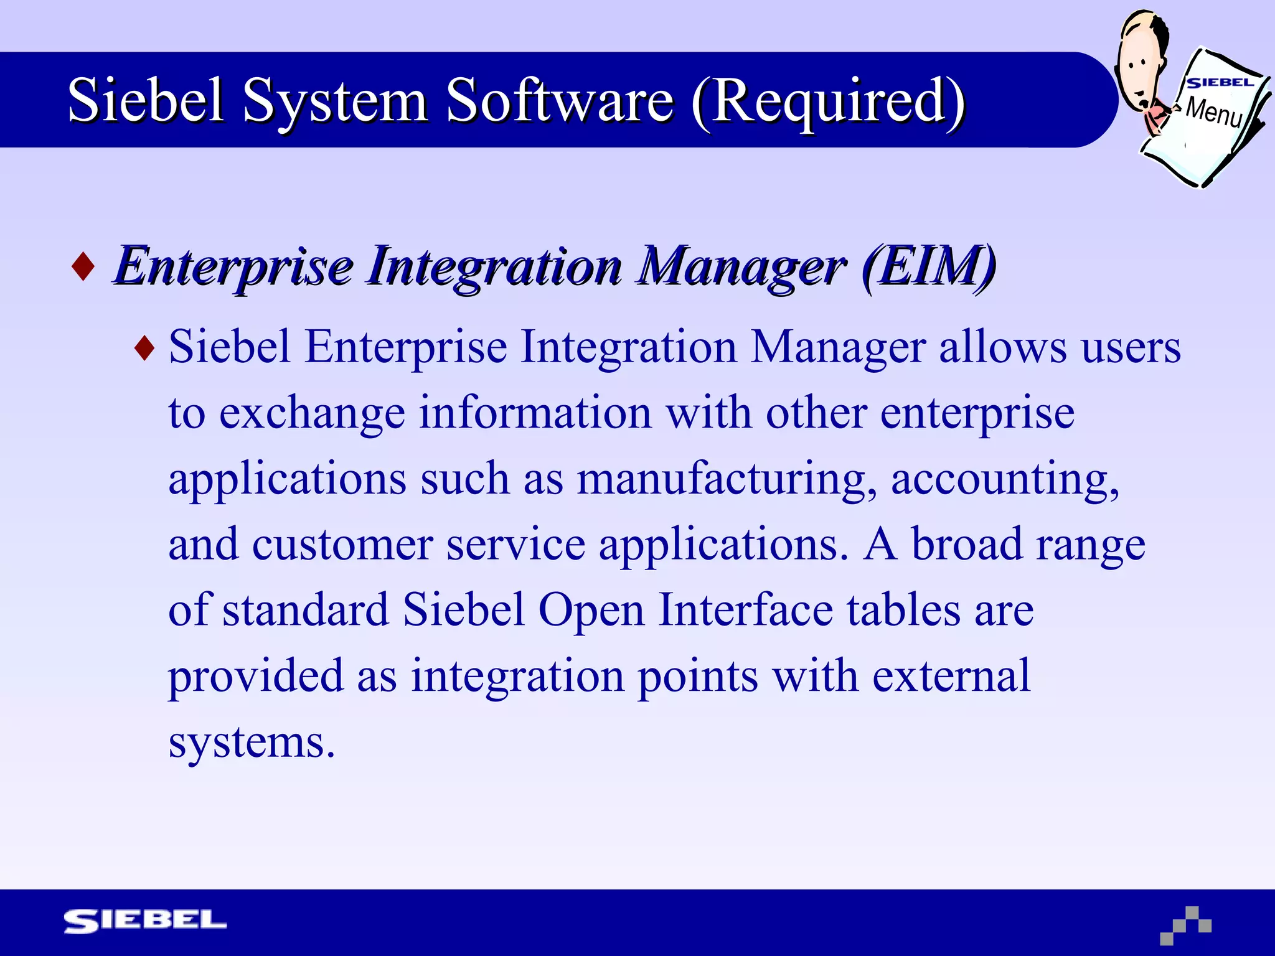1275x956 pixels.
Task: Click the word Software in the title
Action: pos(560,101)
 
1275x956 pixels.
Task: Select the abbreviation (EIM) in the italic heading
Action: pos(928,266)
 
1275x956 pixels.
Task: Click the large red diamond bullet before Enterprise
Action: pos(83,266)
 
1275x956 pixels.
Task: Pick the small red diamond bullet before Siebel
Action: pos(144,348)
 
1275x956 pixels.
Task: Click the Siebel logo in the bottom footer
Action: pos(145,921)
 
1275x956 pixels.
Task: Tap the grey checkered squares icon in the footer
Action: pos(1186,926)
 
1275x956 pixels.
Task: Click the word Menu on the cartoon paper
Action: pos(1213,112)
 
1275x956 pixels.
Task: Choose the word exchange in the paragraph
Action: pos(312,414)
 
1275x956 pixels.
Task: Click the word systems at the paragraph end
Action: pos(252,742)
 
